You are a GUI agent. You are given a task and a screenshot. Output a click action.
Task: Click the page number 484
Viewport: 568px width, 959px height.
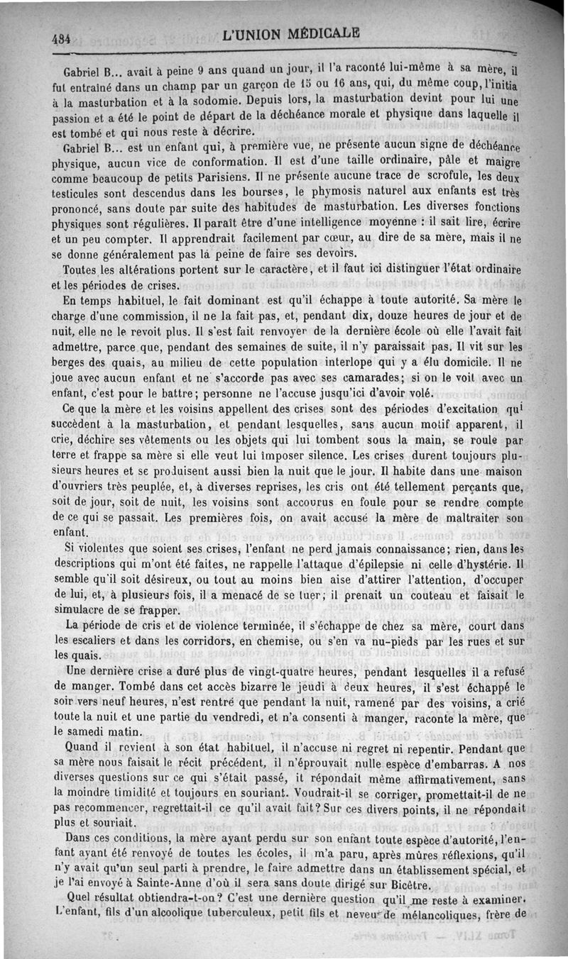pos(60,40)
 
